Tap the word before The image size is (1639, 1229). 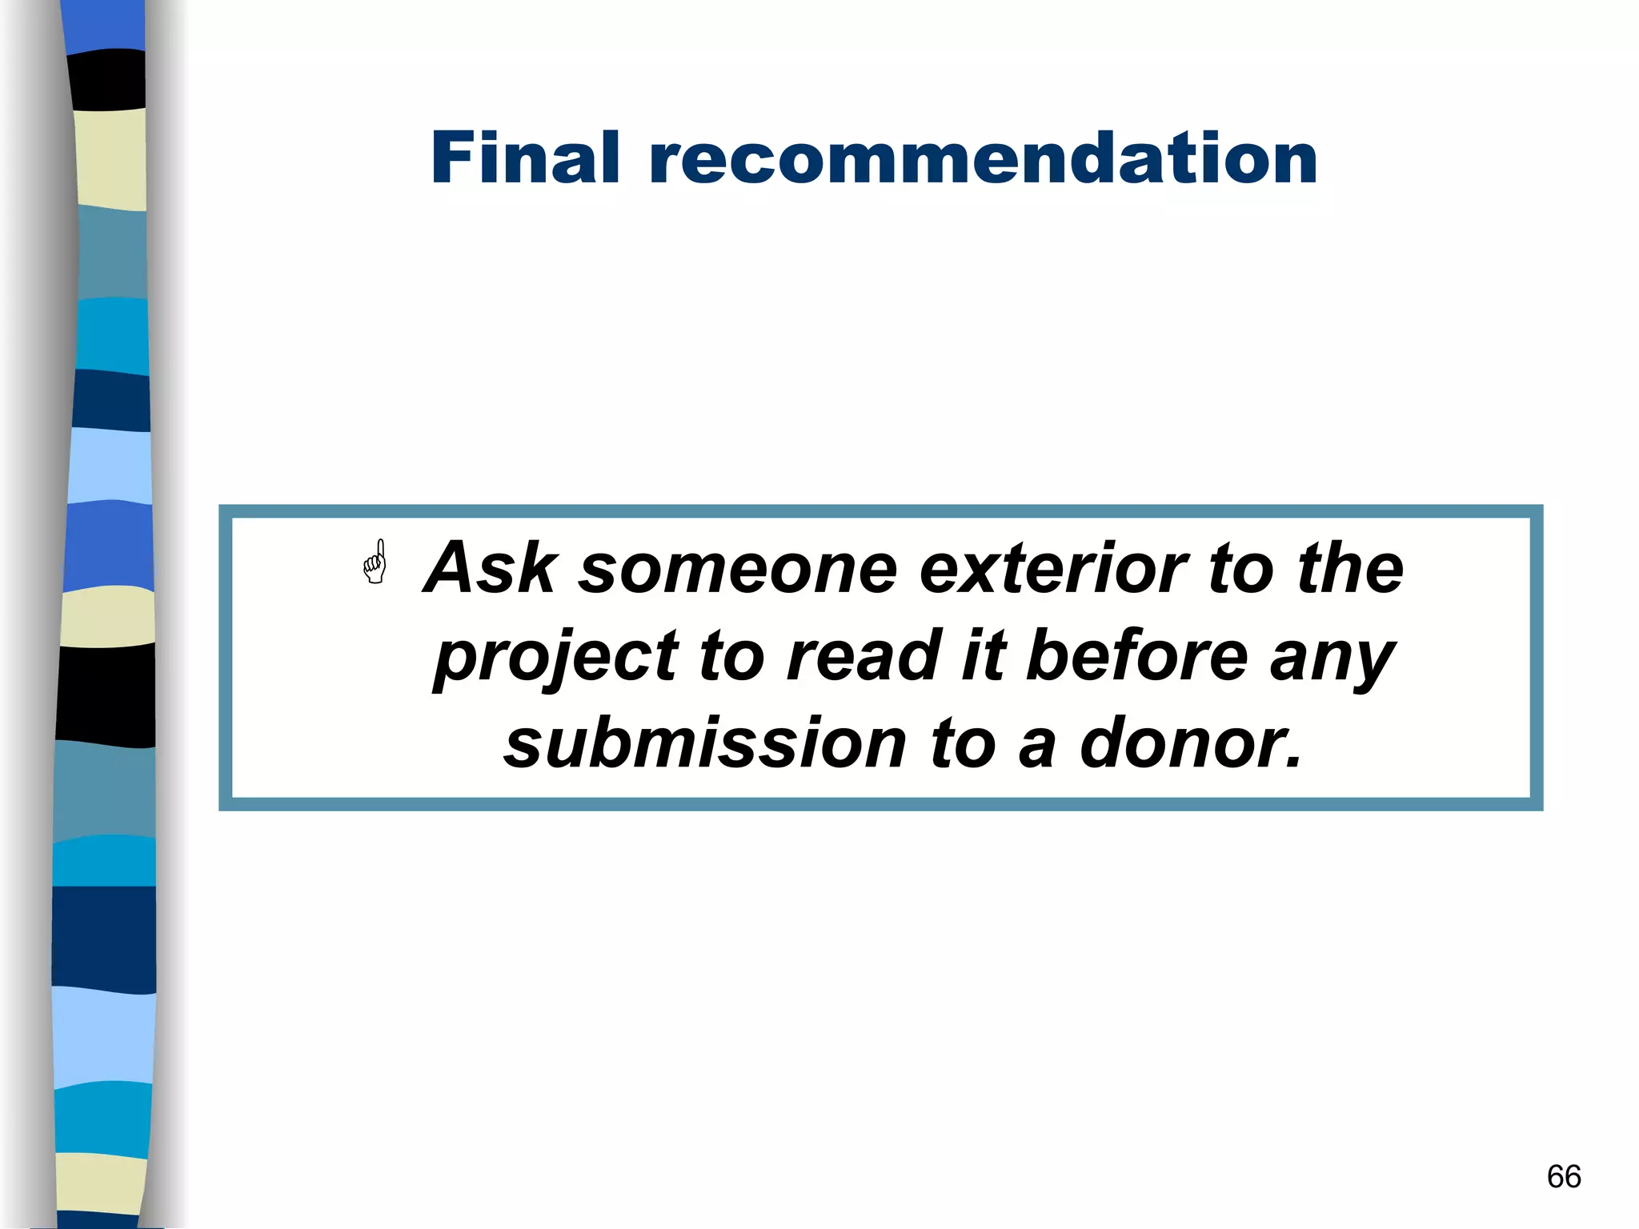[1136, 656]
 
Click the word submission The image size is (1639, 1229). [705, 743]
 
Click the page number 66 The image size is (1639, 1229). [1564, 1176]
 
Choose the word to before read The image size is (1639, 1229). [731, 656]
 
